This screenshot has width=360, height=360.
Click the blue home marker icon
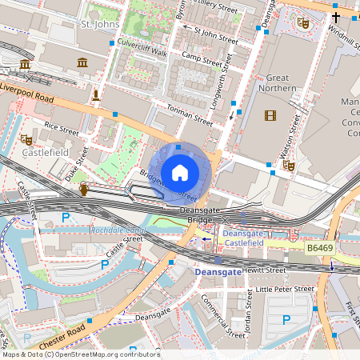coord(180,172)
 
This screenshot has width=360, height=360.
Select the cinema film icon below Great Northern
coord(270,116)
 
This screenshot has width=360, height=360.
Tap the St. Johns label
coord(100,26)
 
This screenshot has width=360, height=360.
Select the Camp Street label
coord(201,56)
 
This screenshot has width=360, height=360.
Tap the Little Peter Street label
coord(285,289)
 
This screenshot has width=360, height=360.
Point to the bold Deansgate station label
coord(218,273)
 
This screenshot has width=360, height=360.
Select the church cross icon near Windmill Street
coord(336,17)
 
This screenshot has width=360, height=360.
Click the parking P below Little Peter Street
coord(286,320)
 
